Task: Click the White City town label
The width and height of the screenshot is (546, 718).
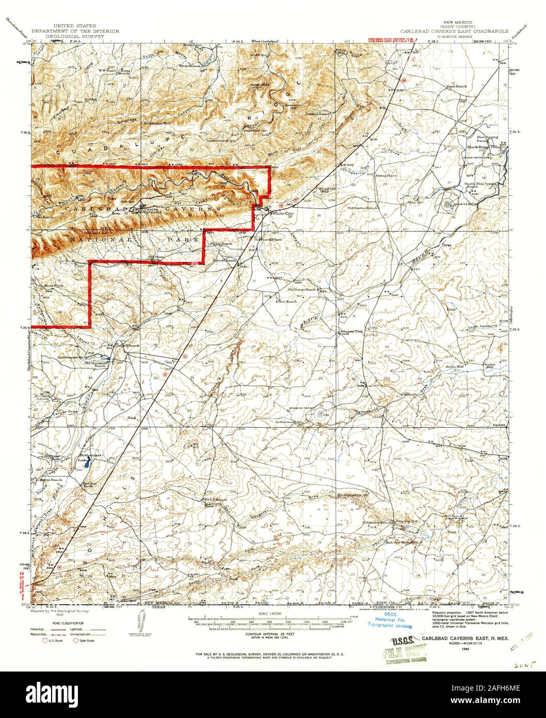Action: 283,213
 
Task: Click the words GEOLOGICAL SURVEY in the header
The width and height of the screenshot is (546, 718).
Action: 75,37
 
